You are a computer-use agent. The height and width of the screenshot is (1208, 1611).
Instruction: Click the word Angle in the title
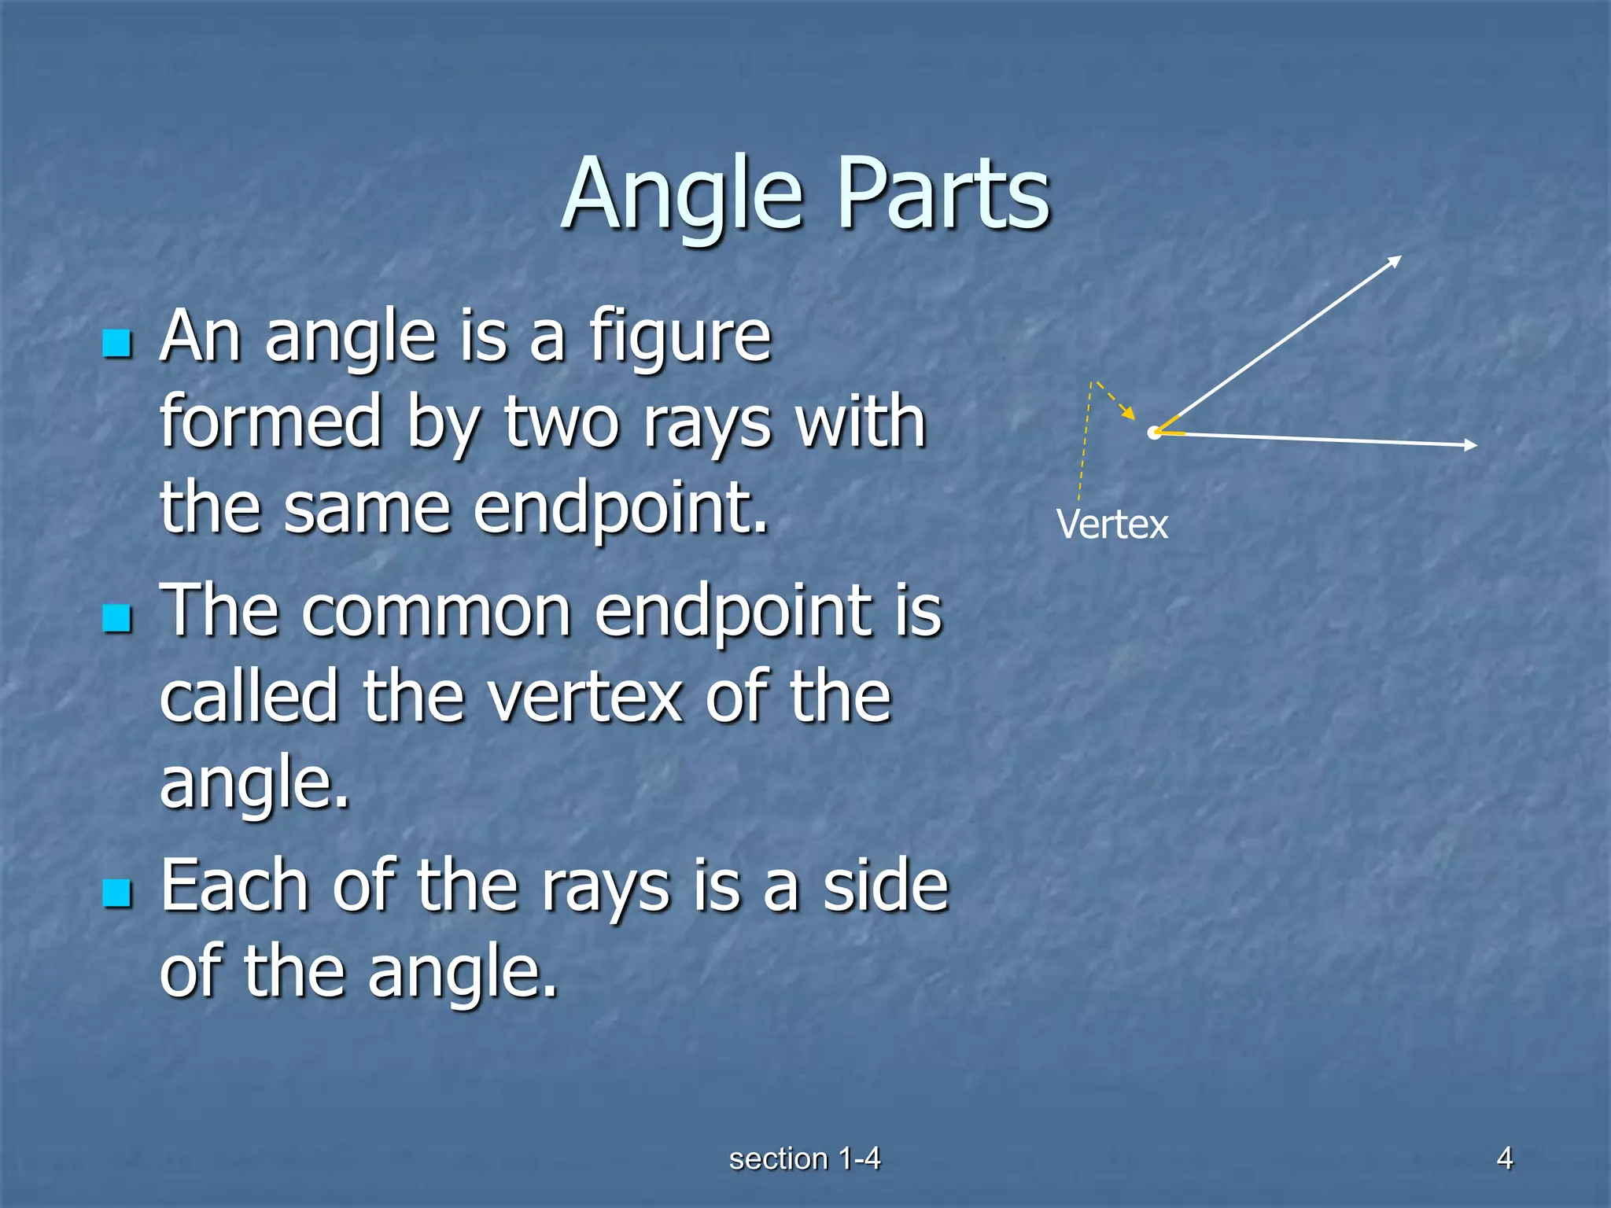pos(683,194)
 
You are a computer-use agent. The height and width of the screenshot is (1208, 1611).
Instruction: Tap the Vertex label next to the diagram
pos(1111,525)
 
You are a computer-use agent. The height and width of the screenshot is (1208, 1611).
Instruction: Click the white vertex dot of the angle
pos(1154,433)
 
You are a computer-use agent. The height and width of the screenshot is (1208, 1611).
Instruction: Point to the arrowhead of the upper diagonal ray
pos(1395,261)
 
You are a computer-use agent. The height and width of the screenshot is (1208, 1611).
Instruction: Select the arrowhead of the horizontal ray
pos(1470,445)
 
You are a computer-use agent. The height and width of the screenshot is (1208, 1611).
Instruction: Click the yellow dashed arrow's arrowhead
pos(1130,413)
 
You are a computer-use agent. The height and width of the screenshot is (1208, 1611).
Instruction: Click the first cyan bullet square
pos(117,344)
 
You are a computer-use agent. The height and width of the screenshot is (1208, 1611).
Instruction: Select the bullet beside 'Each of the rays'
pos(117,893)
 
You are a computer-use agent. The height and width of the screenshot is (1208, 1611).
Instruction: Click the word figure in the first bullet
pos(680,338)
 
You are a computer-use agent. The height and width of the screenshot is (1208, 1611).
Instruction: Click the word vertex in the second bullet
pos(585,697)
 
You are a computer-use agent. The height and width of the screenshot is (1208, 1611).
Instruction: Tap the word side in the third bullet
pos(885,886)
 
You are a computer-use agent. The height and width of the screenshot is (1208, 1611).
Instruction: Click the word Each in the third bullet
pos(234,886)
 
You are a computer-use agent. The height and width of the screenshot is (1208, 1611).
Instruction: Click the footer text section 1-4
pos(804,1158)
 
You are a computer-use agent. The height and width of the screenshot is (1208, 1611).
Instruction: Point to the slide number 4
pos(1504,1158)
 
